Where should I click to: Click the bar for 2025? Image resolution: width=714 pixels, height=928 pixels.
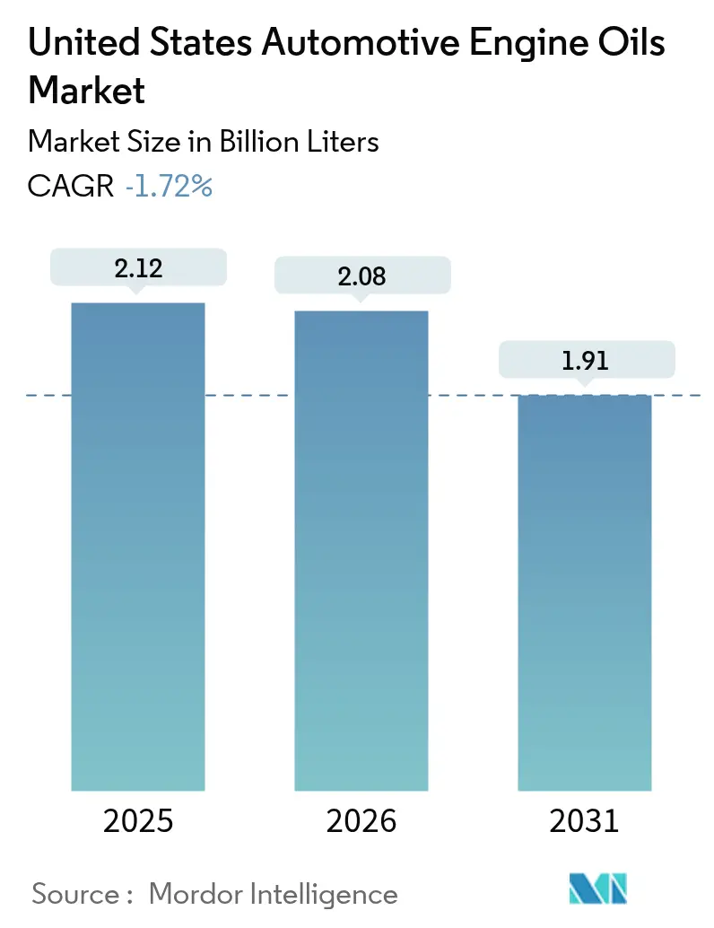[x=138, y=546]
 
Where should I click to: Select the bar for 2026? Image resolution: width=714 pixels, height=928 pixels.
[x=361, y=550]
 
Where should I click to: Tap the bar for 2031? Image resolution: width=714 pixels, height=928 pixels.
[x=585, y=592]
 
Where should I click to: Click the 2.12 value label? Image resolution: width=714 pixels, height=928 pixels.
[x=138, y=267]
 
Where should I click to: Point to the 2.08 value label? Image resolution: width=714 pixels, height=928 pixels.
[x=361, y=276]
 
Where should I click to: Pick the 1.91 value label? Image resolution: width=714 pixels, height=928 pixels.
[x=585, y=360]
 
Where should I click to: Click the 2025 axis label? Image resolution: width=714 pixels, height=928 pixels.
[x=138, y=820]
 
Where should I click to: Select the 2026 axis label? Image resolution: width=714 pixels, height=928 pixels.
[x=361, y=820]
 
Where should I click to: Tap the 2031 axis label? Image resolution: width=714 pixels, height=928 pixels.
[x=585, y=820]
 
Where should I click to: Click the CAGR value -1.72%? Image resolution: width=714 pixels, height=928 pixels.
[x=169, y=187]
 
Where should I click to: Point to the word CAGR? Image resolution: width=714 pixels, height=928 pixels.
[x=71, y=187]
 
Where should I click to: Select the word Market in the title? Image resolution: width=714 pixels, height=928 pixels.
[x=87, y=90]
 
